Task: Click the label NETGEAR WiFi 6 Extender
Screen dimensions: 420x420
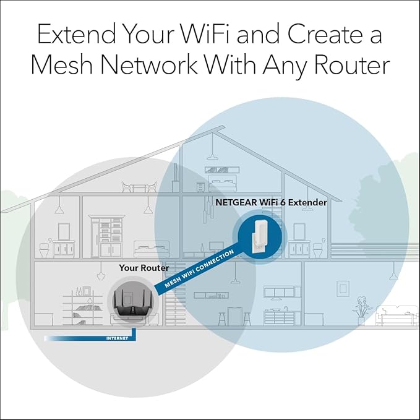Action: pyautogui.click(x=272, y=202)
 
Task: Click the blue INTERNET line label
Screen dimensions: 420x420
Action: pyautogui.click(x=118, y=338)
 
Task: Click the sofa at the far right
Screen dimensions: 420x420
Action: pyautogui.click(x=395, y=315)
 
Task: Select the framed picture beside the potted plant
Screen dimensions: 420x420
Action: pyautogui.click(x=342, y=288)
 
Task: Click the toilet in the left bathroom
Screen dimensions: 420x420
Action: pyautogui.click(x=45, y=250)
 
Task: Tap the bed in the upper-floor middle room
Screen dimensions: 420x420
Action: pyautogui.click(x=148, y=247)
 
